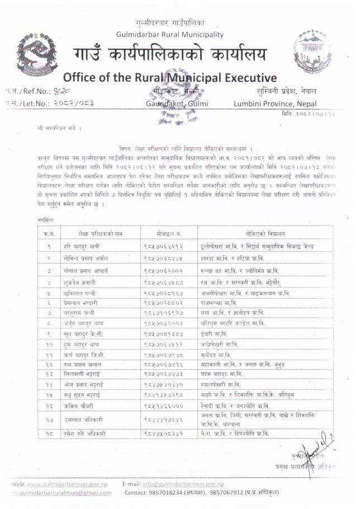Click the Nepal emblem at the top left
pos(35,54)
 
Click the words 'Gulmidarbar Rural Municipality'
pos(170,35)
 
